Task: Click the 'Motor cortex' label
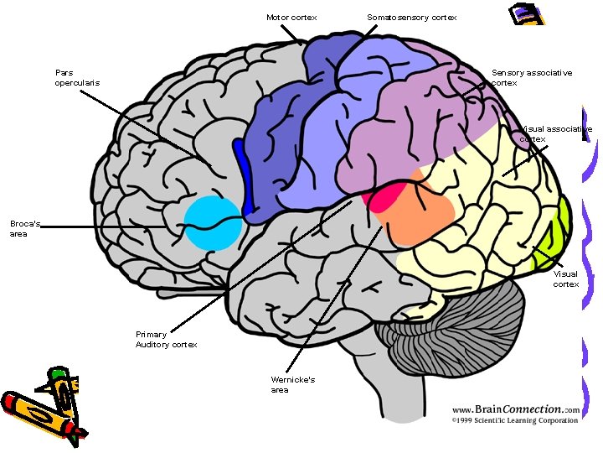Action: [291, 17]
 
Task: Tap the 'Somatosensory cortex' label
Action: [412, 17]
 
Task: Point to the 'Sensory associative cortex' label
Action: [532, 77]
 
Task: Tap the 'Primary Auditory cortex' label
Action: [166, 340]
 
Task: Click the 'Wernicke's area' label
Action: [292, 384]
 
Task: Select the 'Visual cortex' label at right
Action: [565, 279]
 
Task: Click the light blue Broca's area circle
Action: [212, 222]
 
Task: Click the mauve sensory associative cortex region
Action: [419, 126]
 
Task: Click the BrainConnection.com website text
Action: [515, 409]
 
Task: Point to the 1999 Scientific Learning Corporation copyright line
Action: [515, 420]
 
